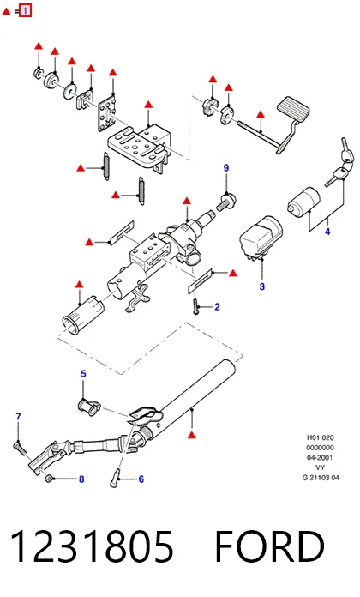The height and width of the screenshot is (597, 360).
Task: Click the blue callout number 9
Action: tap(226, 168)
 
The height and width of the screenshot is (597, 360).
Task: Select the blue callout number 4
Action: tap(327, 232)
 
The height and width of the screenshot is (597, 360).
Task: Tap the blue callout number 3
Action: tap(261, 286)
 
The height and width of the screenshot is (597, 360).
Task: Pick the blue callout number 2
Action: tap(218, 307)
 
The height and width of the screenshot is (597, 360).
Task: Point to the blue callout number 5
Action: tap(83, 374)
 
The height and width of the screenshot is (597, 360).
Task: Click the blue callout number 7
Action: tap(18, 417)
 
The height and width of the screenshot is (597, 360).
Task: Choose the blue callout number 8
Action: tap(81, 479)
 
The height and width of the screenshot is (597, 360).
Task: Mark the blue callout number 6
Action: tap(141, 479)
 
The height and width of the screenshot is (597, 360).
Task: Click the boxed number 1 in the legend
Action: tap(25, 10)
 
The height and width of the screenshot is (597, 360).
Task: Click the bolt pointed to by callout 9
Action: tap(226, 202)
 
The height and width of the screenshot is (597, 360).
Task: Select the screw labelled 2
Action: tap(195, 306)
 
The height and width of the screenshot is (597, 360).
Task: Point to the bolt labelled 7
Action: tap(21, 448)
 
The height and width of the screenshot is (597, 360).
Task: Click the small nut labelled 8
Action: tap(49, 478)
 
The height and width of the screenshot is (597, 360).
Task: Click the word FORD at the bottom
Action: tap(269, 546)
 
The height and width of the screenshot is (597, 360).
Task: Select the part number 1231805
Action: tap(92, 546)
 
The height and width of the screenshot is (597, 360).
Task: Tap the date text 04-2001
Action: tap(320, 458)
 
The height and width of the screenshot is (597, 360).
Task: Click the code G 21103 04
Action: tap(321, 478)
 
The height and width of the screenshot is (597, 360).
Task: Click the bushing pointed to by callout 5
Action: tap(89, 407)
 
